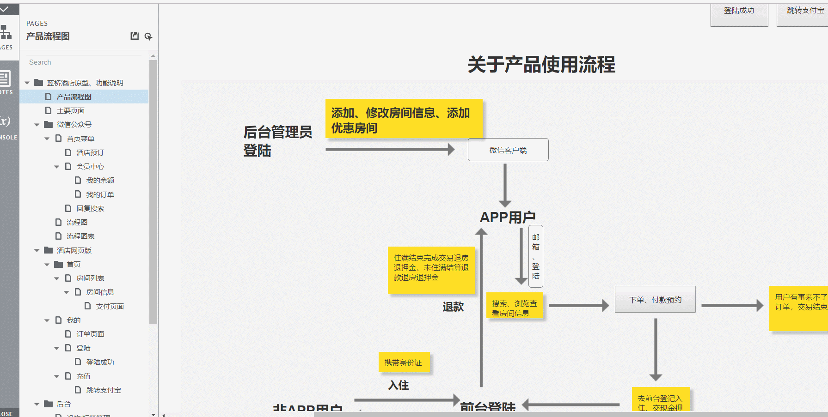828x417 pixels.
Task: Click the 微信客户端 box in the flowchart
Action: click(x=508, y=150)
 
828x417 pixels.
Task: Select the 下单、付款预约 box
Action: click(x=655, y=300)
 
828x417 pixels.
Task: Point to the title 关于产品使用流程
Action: click(x=541, y=65)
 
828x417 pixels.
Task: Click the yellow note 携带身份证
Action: click(x=404, y=363)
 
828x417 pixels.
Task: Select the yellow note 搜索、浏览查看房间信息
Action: click(x=515, y=308)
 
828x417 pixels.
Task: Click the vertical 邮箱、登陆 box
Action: click(x=536, y=256)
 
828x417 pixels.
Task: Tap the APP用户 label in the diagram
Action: click(x=507, y=217)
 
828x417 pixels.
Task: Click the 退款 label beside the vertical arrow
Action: click(x=453, y=307)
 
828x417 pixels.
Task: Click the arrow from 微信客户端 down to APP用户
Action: click(x=505, y=185)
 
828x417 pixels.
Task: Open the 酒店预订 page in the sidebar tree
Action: click(x=90, y=153)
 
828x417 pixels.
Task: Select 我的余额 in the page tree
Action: click(x=100, y=181)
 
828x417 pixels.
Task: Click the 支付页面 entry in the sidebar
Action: click(x=110, y=307)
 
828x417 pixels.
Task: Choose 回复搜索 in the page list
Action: click(x=90, y=209)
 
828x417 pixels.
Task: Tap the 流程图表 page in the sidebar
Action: click(x=80, y=236)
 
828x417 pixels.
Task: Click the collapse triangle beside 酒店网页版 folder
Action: click(x=37, y=251)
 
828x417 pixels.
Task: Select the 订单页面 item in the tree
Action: click(x=90, y=334)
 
